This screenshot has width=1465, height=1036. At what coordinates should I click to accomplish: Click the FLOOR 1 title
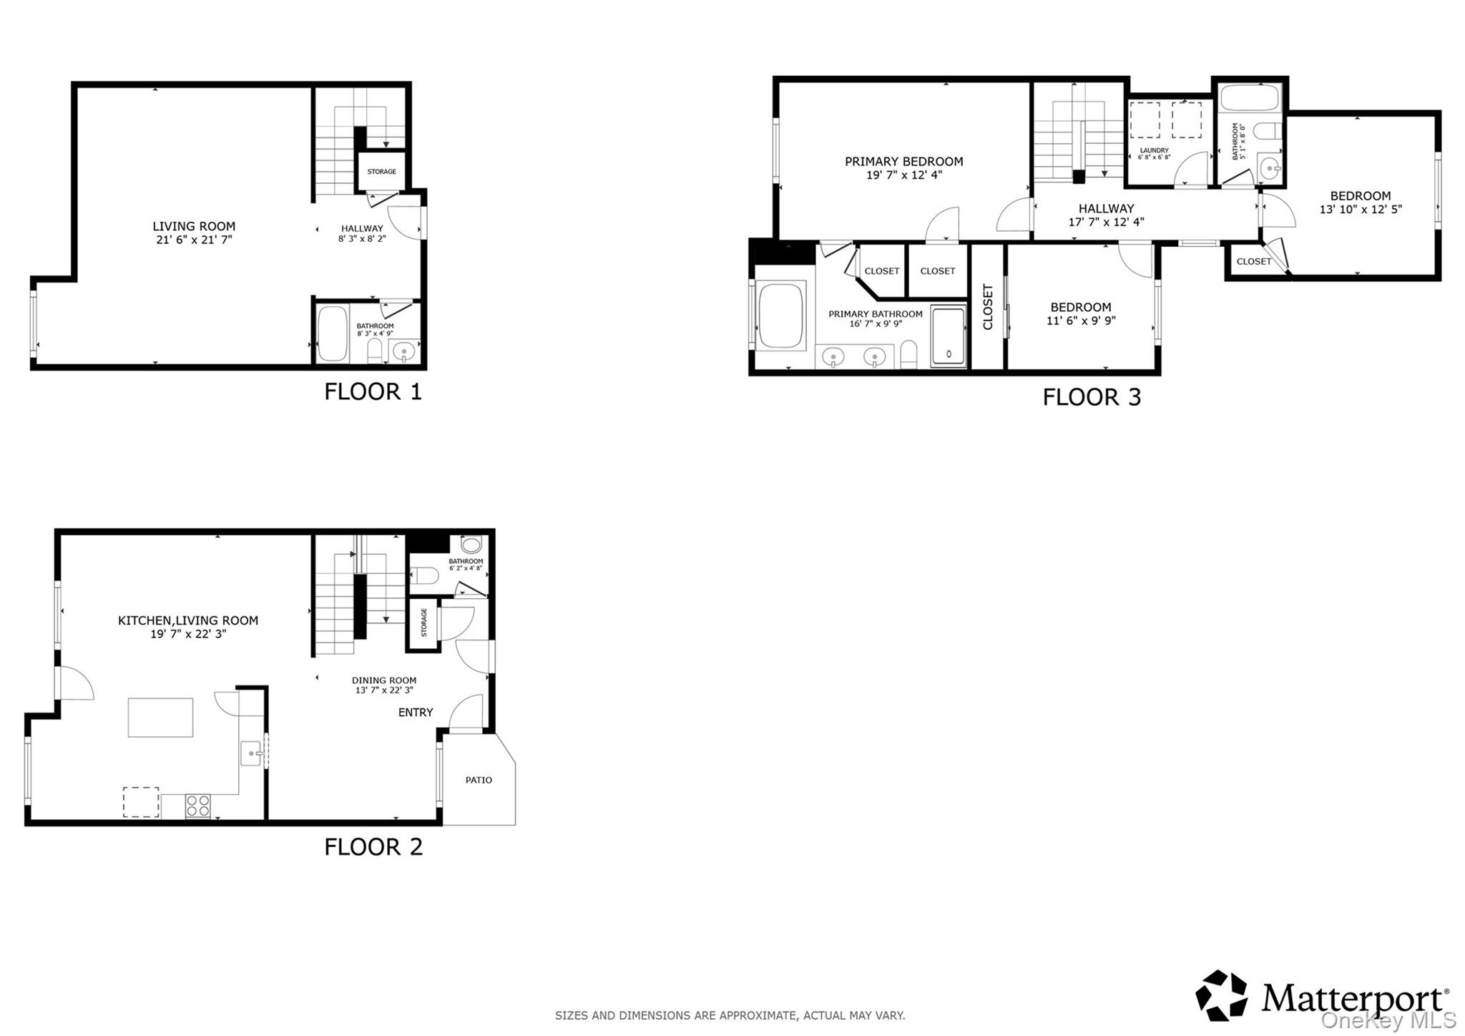tap(373, 391)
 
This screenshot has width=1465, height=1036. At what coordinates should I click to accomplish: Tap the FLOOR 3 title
tap(1092, 397)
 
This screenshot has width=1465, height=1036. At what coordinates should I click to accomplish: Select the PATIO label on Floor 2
tap(479, 780)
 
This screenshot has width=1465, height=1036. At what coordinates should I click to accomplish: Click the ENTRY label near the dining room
tap(416, 713)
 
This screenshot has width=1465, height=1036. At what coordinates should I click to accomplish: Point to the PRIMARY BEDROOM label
tap(904, 162)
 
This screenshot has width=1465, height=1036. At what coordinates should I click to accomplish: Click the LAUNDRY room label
tap(1154, 150)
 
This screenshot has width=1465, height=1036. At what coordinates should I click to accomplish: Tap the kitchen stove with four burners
tap(198, 806)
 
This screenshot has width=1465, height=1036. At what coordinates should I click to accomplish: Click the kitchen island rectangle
tap(160, 718)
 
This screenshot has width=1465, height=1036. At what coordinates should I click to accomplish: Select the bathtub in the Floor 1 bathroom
tap(332, 334)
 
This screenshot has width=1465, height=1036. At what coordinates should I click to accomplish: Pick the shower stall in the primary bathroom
tap(949, 337)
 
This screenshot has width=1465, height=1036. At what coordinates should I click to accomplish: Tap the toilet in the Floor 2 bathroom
tap(425, 575)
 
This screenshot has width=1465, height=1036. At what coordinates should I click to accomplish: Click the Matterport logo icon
tap(1221, 995)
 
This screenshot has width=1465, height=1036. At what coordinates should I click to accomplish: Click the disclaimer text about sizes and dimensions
tap(730, 1015)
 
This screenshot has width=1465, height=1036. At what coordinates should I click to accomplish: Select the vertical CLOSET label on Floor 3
tap(988, 307)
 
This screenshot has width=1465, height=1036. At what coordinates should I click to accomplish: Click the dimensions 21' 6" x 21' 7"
tap(194, 240)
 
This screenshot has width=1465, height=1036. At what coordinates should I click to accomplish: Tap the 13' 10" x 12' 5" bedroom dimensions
tap(1361, 210)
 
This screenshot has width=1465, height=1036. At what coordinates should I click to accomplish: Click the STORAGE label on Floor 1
tap(381, 172)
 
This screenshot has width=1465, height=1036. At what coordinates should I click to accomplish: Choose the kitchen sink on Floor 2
tap(250, 753)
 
